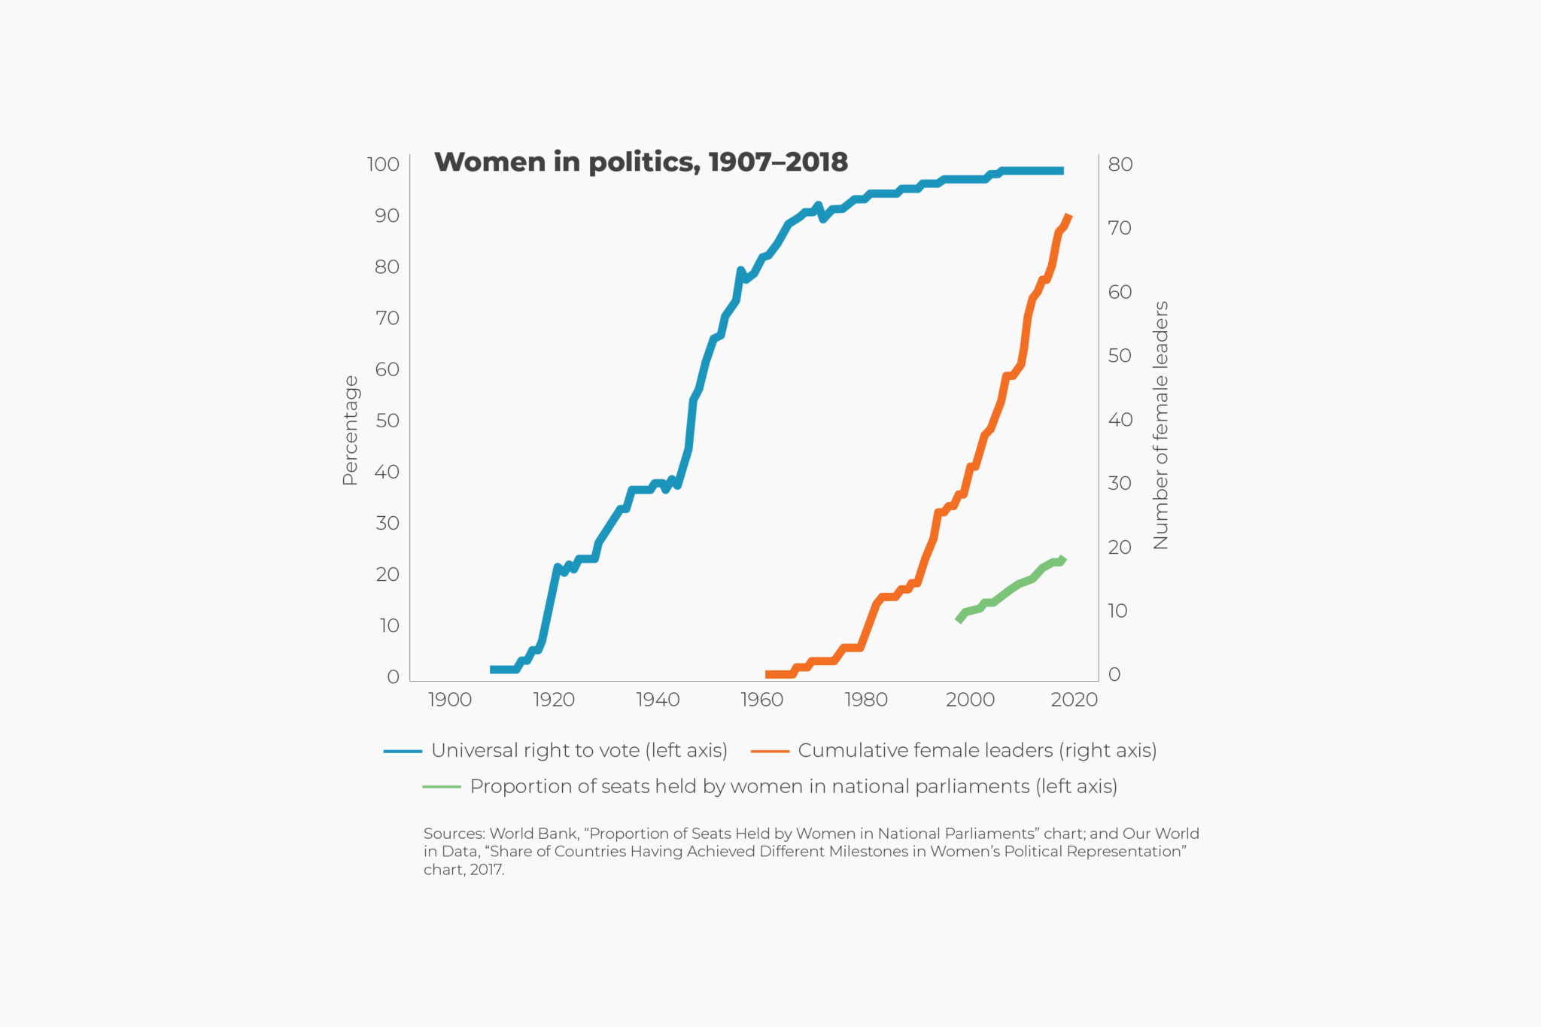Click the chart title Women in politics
(640, 163)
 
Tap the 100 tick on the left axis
(383, 164)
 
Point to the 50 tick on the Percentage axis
(387, 421)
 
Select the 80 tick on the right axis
(1120, 164)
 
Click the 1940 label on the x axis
(658, 700)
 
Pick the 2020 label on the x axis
(1074, 700)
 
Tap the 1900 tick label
(449, 700)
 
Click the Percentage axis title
(350, 430)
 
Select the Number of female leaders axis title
(1160, 425)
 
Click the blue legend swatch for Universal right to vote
(403, 751)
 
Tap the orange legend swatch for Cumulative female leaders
(770, 751)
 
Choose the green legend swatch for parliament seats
(442, 787)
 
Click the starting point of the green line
(958, 620)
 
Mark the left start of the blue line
(492, 670)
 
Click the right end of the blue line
(1062, 171)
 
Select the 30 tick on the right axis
(1119, 483)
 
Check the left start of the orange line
(767, 674)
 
